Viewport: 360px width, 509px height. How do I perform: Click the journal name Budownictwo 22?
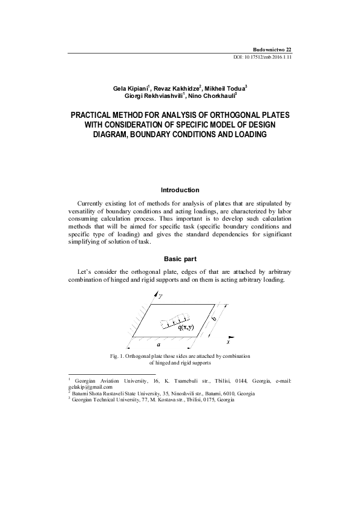point(272,48)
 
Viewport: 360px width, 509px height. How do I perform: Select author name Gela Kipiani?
point(129,88)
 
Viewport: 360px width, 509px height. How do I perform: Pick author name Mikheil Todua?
point(224,88)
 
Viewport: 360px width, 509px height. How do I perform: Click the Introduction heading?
point(180,190)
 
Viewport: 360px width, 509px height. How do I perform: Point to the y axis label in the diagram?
point(160,296)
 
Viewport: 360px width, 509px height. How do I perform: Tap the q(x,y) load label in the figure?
point(186,328)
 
